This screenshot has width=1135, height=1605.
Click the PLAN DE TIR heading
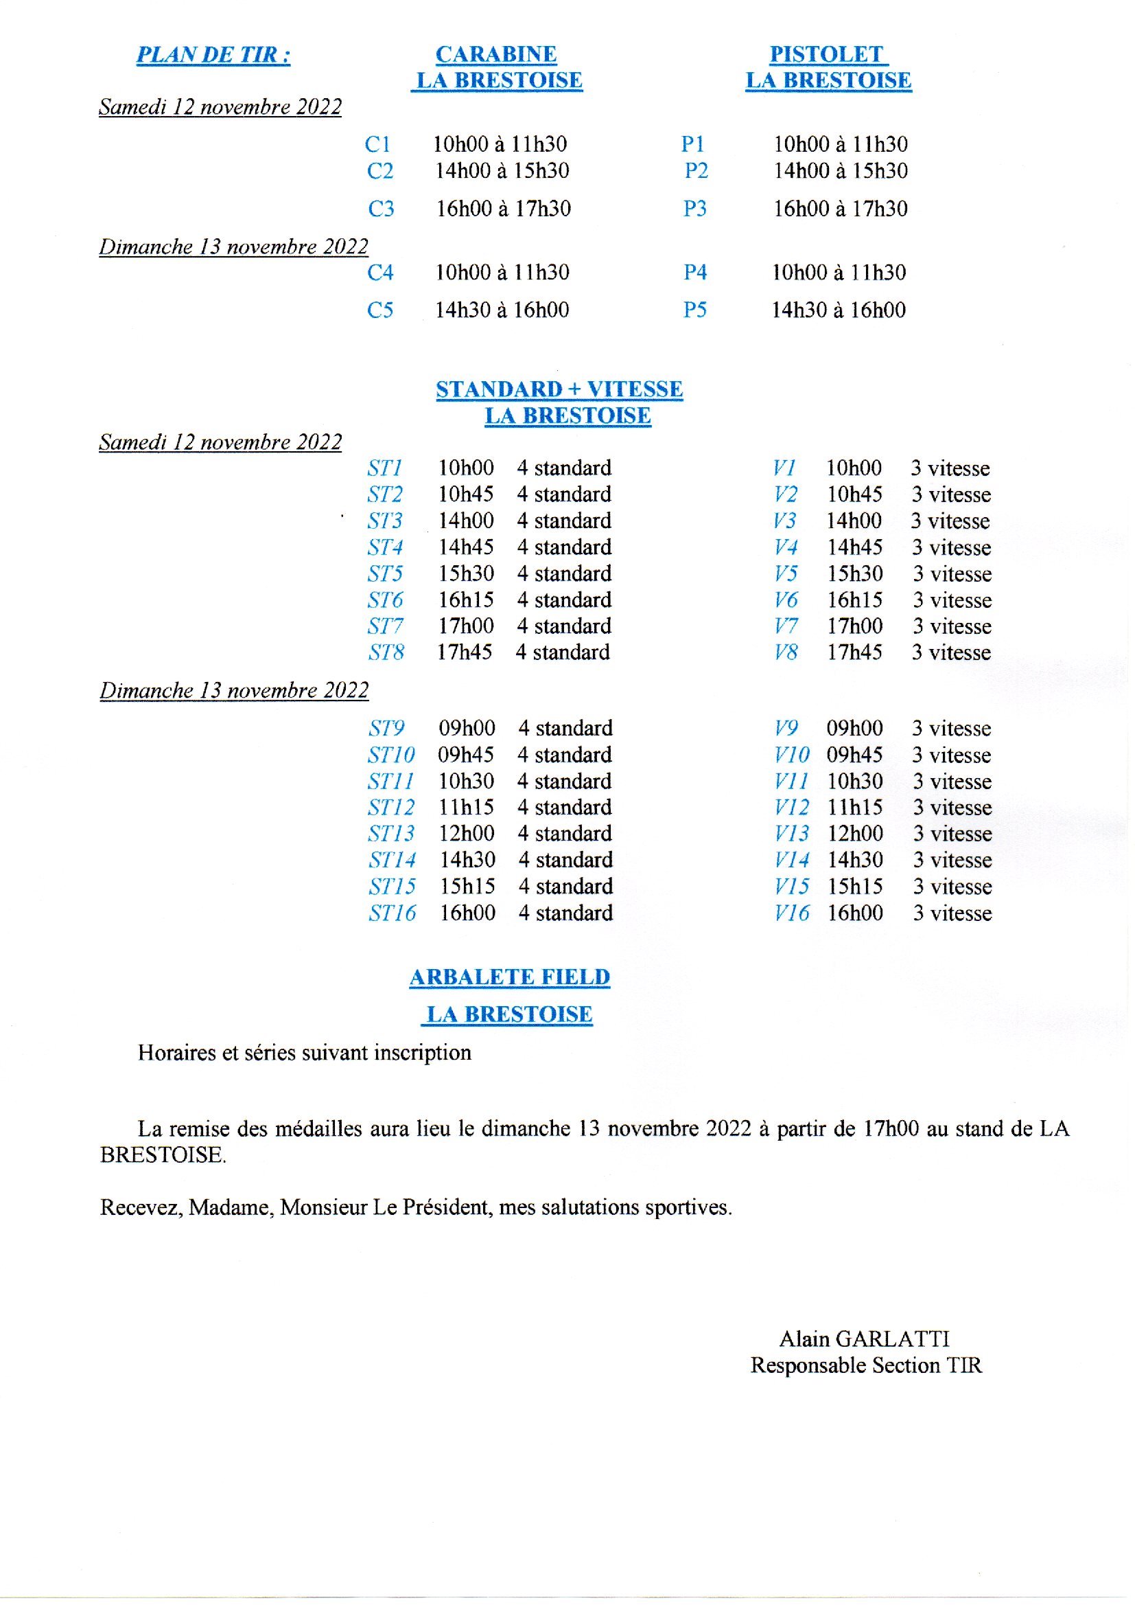213,55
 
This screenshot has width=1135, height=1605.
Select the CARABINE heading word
496,54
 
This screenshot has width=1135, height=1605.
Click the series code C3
381,208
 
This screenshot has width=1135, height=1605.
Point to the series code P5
694,310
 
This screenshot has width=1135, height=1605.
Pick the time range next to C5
502,310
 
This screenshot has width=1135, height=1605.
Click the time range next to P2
840,170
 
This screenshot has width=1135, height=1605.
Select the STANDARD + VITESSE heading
559,389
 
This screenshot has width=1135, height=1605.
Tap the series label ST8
386,652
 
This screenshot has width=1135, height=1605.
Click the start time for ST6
465,600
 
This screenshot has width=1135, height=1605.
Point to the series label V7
785,626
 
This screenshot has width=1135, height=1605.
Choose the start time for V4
854,547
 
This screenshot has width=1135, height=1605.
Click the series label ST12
390,808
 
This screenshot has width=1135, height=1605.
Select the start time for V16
855,913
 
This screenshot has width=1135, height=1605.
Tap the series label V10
791,755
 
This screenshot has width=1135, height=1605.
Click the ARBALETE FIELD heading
509,977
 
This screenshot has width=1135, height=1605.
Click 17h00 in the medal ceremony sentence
891,1129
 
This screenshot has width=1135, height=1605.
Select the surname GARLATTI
893,1339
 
